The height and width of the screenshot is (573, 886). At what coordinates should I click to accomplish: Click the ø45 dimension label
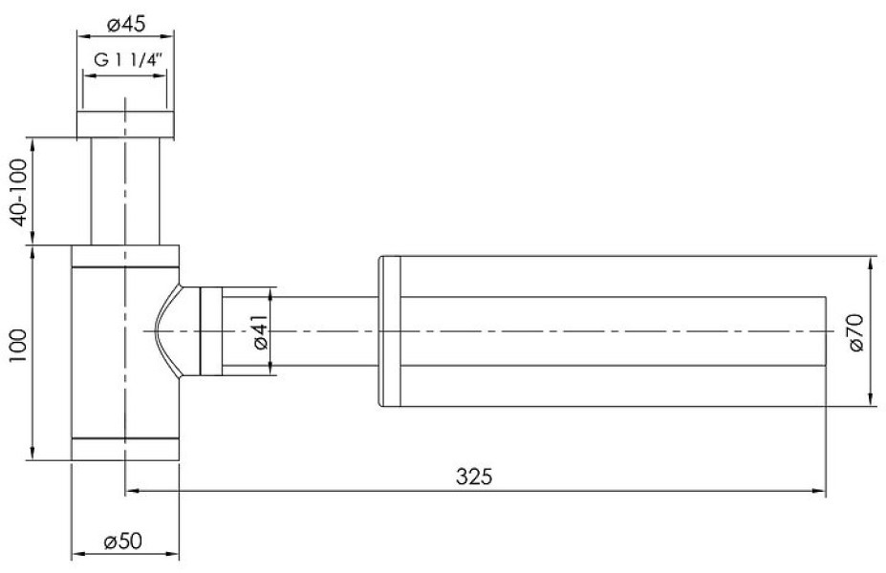tap(125, 24)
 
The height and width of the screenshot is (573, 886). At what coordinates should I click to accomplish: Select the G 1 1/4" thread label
tap(129, 60)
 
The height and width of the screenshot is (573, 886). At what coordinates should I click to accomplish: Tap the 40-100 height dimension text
tap(19, 192)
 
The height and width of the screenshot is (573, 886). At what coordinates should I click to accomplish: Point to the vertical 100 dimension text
tap(19, 346)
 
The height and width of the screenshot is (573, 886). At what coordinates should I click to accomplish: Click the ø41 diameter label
tap(261, 331)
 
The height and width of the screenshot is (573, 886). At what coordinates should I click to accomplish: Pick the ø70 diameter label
tap(856, 332)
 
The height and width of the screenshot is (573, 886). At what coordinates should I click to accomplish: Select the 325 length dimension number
tap(474, 477)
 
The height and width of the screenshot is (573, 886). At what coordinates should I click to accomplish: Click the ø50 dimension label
tap(122, 541)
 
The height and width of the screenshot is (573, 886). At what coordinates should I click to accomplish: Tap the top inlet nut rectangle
tap(125, 125)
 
